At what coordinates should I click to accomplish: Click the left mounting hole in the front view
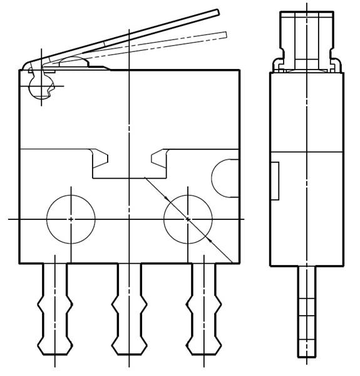71,219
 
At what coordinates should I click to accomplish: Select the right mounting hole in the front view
188,219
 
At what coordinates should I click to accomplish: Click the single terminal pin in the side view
307,310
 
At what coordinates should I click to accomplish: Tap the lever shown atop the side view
307,34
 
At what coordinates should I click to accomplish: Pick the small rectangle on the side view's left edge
274,180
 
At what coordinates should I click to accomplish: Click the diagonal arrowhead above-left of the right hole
167,199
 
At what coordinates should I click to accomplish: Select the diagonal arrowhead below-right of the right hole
208,239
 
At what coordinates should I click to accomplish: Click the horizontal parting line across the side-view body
307,152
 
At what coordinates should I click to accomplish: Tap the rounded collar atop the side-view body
307,65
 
